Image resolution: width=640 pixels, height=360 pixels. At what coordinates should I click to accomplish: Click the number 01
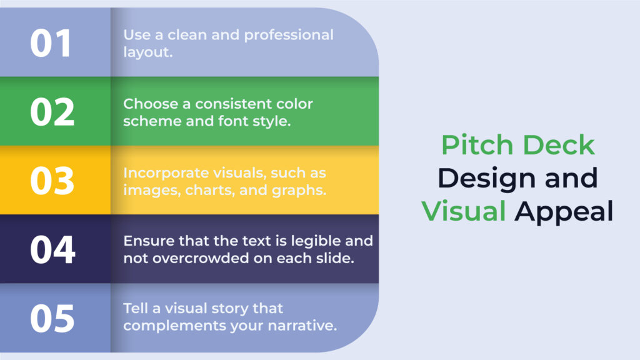click(51, 43)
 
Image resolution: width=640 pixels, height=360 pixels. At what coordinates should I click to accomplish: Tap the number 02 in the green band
click(52, 112)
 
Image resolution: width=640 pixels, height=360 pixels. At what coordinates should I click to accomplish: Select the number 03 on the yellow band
click(52, 181)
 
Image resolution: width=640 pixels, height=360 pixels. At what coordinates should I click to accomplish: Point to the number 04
click(52, 249)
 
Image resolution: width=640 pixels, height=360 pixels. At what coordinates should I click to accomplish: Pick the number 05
click(52, 318)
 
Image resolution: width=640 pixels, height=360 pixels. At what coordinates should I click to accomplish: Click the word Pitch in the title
click(477, 145)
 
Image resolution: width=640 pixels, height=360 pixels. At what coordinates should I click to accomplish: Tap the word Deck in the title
click(559, 145)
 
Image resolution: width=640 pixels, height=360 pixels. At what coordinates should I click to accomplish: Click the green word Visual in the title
click(464, 211)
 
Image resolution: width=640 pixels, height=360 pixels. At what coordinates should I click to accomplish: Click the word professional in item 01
click(289, 36)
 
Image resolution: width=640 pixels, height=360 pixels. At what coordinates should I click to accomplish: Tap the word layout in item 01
click(146, 52)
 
